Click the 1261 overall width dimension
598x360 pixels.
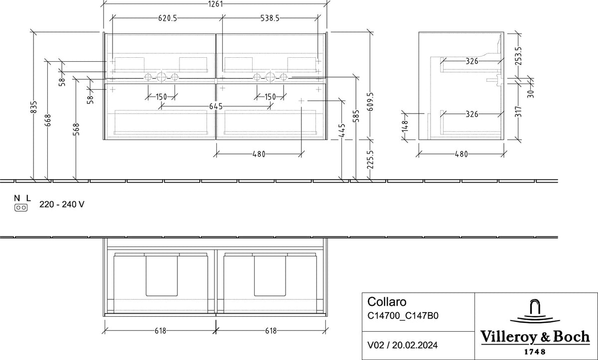pyautogui.click(x=215, y=4)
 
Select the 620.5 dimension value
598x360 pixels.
pyautogui.click(x=167, y=18)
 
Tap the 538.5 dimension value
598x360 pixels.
pyautogui.click(x=270, y=18)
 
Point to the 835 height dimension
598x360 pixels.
pyautogui.click(x=34, y=107)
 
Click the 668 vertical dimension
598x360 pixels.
pyautogui.click(x=48, y=120)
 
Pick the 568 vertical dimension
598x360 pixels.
pyautogui.click(x=76, y=129)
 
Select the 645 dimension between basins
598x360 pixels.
pyautogui.click(x=216, y=107)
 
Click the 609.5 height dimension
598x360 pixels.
pyautogui.click(x=370, y=102)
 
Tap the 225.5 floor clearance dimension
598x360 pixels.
pyautogui.click(x=370, y=159)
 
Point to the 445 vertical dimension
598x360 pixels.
pyautogui.click(x=342, y=130)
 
